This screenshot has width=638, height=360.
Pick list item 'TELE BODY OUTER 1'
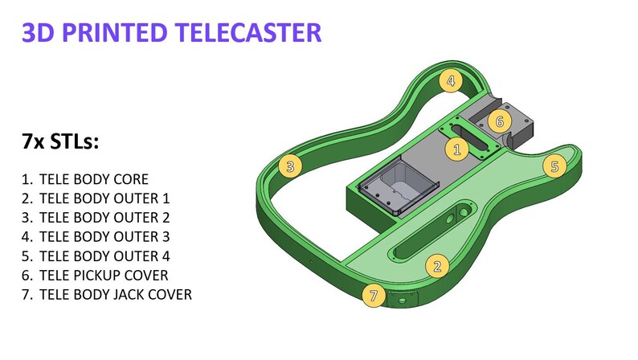tap(104, 198)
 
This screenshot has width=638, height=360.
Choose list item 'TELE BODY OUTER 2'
tap(104, 218)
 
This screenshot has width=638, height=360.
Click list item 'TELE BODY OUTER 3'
tap(104, 237)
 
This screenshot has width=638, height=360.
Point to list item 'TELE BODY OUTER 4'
tap(104, 256)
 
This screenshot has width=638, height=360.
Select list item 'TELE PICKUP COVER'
tap(103, 276)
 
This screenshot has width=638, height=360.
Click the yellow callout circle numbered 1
tap(457, 149)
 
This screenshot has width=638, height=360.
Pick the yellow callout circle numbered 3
tap(290, 166)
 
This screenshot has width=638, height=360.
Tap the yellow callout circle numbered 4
tap(451, 80)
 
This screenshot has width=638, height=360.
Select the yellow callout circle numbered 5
tap(553, 166)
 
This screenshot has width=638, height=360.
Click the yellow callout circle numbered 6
tap(499, 121)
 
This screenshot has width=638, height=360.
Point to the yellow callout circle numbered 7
tap(371, 296)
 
